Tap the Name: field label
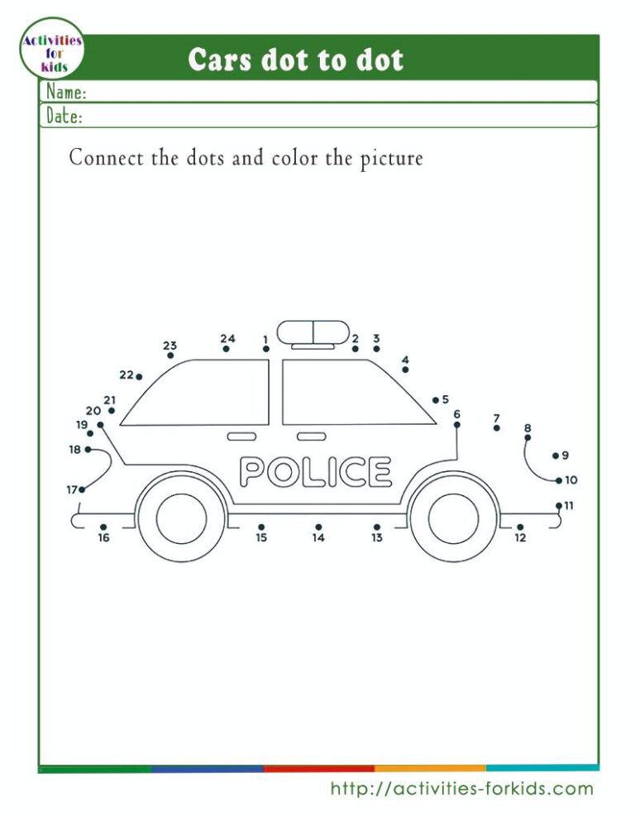tap(67, 91)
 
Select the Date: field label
tap(64, 116)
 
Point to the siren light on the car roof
tap(313, 332)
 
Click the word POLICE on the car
tap(315, 472)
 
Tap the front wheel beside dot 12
tap(453, 518)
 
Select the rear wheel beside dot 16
tap(181, 518)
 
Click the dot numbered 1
tap(266, 349)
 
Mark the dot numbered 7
tap(496, 428)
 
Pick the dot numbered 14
tap(318, 527)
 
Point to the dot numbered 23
tap(170, 356)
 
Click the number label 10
tap(571, 480)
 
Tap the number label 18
tap(75, 450)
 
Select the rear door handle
tap(241, 436)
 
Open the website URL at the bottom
tap(461, 789)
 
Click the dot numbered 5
tap(435, 400)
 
